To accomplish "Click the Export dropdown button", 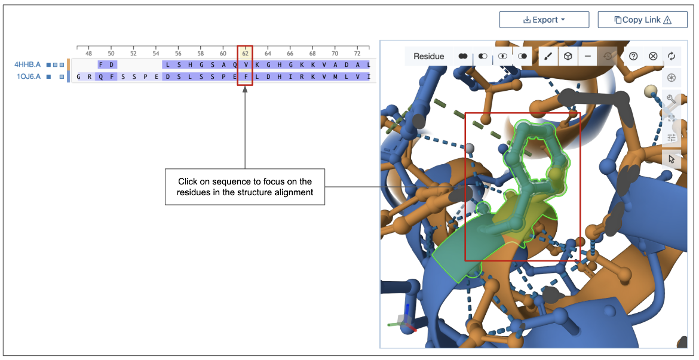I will point(544,20).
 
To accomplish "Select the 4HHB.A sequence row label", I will point(28,64).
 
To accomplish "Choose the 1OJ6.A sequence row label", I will point(28,76).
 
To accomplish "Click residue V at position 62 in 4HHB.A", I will point(245,64).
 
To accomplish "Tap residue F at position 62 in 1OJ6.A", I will point(245,76).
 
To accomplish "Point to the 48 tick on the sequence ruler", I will point(88,53).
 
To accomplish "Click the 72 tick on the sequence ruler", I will point(357,53).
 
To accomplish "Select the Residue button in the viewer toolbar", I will point(428,56).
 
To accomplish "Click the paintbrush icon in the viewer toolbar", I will point(548,56).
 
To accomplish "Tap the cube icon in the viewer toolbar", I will point(568,56).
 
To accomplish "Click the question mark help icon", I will point(633,56).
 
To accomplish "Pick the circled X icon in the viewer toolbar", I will point(653,56).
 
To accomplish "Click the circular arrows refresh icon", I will point(672,56).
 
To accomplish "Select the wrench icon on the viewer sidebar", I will point(672,98).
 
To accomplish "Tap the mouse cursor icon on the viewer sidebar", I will point(672,159).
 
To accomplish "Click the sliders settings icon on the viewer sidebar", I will point(672,138).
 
